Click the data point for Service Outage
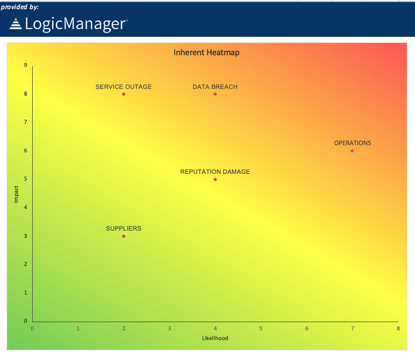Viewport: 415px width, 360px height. tap(124, 94)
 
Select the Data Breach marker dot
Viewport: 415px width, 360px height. tap(215, 94)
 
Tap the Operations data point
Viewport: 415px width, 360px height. tap(352, 151)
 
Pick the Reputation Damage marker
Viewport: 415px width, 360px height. tap(215, 179)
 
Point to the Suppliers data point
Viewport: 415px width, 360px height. tap(124, 236)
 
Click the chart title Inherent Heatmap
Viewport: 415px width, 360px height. tap(206, 52)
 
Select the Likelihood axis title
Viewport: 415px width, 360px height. tap(215, 339)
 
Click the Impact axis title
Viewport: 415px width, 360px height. tap(16, 194)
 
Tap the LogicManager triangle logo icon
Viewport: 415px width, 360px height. tap(16, 24)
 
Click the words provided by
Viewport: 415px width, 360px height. tap(20, 7)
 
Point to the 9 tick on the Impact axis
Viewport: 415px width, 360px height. tap(26, 65)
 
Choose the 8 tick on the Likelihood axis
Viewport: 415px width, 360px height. tap(398, 328)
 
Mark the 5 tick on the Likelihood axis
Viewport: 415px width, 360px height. tap(261, 328)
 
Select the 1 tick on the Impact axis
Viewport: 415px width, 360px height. tap(26, 293)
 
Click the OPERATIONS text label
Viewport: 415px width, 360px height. tap(353, 143)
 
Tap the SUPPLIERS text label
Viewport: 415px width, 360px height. tap(124, 229)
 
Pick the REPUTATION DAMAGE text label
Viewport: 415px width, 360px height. tap(215, 172)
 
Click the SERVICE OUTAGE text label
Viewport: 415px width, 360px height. tap(124, 87)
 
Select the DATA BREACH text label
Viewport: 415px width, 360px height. tap(215, 87)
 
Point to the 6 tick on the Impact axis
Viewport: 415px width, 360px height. tap(26, 151)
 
